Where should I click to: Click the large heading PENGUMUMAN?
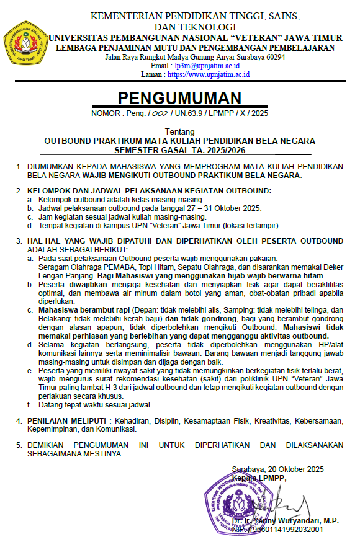pyautogui.click(x=179, y=99)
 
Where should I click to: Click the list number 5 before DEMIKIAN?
pyautogui.click(x=19, y=445)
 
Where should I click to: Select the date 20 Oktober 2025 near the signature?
pyautogui.click(x=297, y=469)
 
